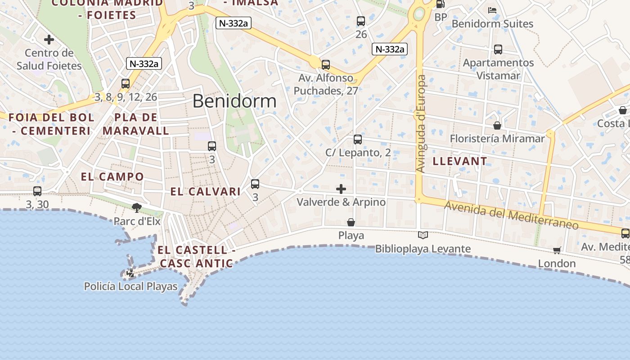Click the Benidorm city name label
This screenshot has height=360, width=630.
(234, 101)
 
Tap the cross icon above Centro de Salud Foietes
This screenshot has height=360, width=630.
(49, 40)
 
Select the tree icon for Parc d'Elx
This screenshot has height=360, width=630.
(137, 207)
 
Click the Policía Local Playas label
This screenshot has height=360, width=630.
(131, 287)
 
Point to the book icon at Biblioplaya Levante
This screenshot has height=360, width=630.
(423, 235)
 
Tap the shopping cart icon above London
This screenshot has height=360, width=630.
(557, 250)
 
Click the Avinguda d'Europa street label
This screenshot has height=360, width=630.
(421, 124)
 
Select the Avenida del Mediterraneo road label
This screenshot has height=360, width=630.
(511, 215)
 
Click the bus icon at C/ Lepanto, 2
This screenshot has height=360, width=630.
(358, 139)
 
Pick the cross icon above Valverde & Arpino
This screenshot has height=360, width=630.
(341, 189)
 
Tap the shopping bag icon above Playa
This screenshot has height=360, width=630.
(351, 222)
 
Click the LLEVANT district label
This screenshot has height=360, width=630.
(460, 161)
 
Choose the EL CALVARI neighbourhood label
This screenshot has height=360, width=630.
(205, 192)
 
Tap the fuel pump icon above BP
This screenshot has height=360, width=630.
(441, 4)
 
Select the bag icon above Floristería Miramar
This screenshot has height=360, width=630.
(497, 125)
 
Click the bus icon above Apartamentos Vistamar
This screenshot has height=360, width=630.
(498, 49)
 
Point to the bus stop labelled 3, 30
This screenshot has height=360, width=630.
(37, 191)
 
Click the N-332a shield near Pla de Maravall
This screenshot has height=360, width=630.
(144, 63)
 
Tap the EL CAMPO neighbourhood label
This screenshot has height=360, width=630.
(112, 177)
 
